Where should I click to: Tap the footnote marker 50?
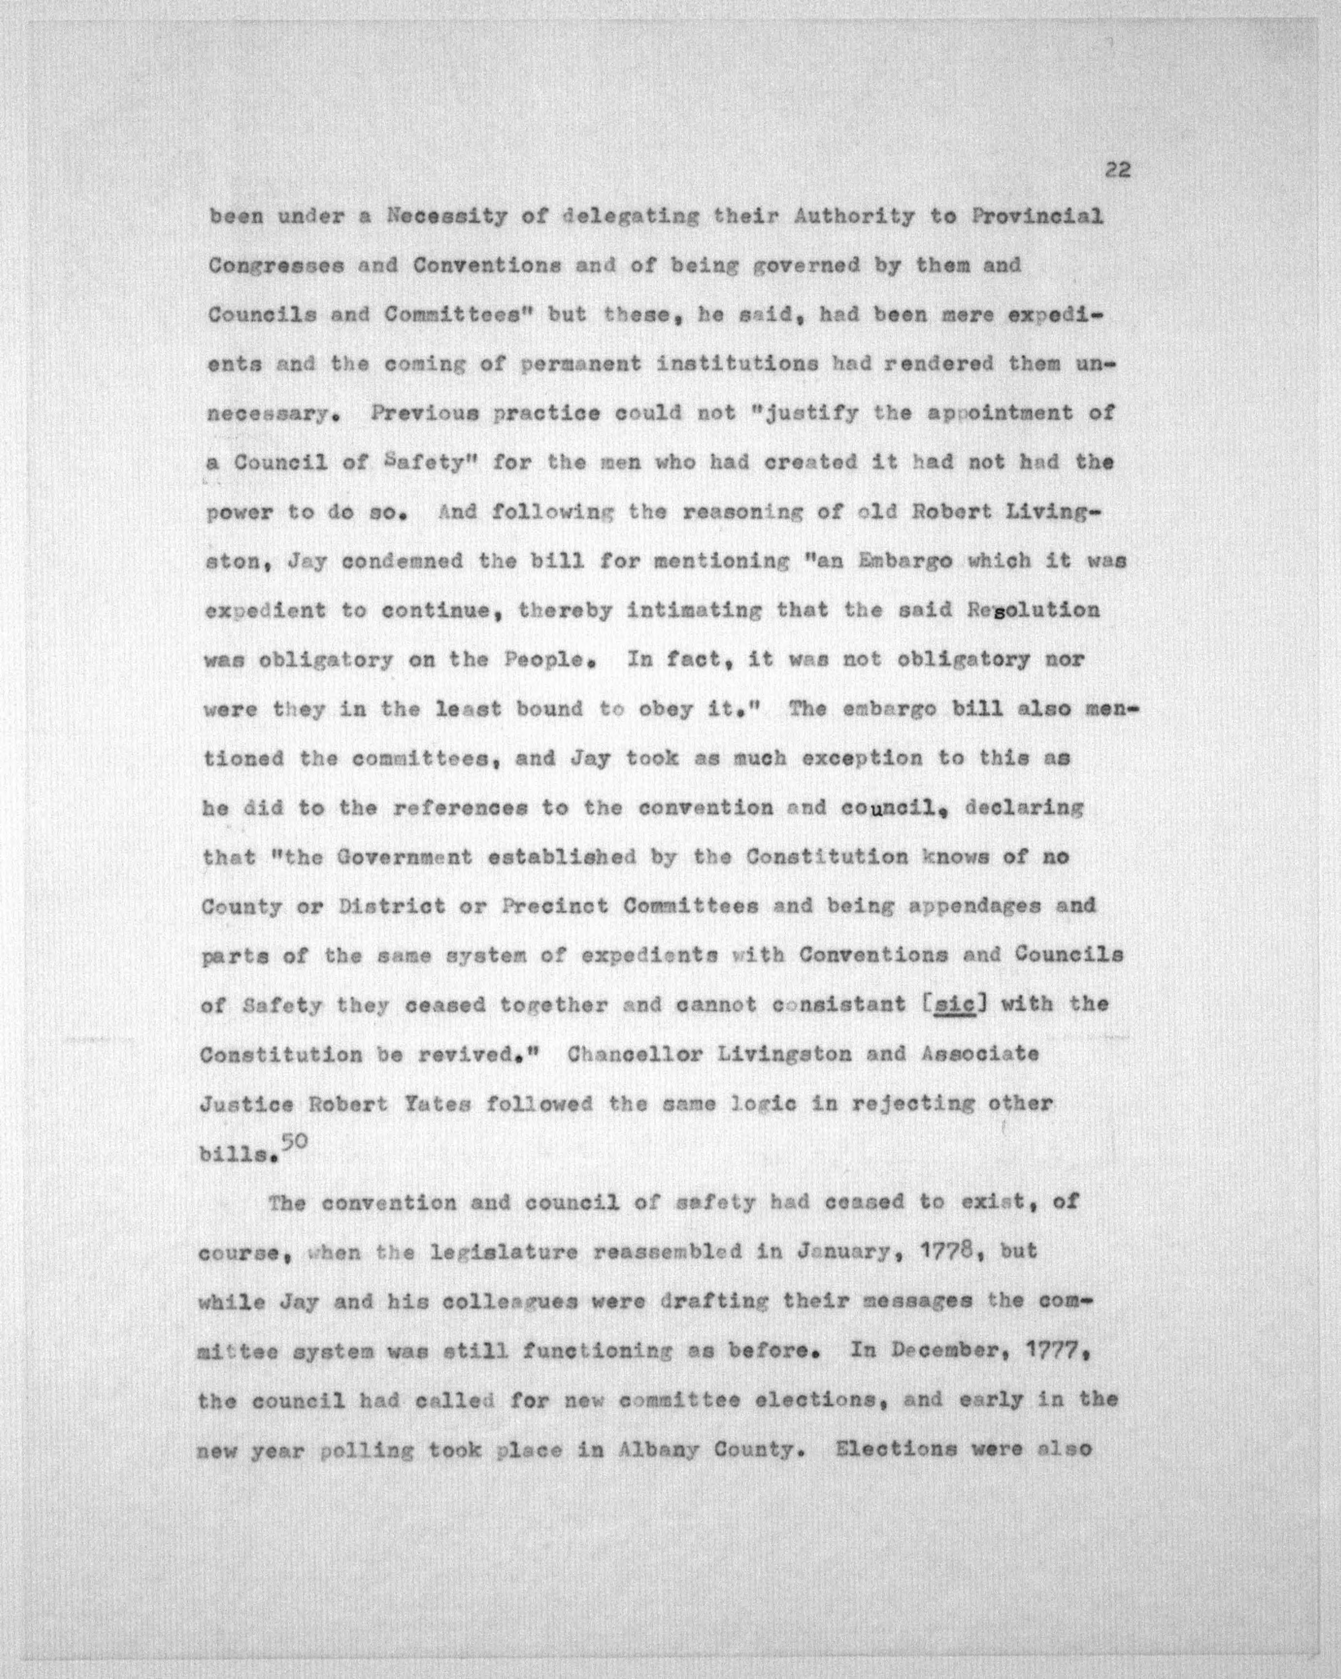click(295, 1142)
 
